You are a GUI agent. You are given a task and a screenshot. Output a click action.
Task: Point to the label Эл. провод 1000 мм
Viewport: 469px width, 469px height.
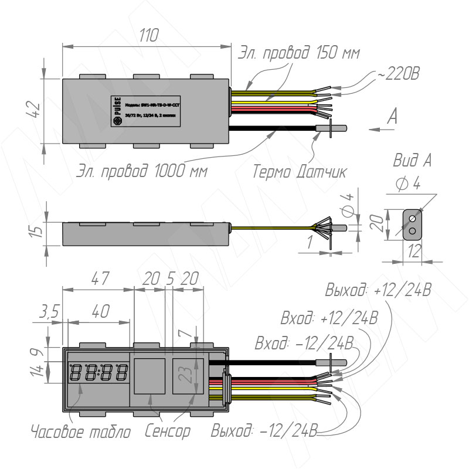tap(144, 172)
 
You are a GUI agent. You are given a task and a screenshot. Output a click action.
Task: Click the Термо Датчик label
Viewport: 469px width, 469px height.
tap(300, 172)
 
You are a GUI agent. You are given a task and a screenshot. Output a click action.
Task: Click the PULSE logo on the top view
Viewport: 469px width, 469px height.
tap(116, 109)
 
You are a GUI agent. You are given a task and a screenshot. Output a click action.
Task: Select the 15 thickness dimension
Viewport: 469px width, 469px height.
tap(37, 230)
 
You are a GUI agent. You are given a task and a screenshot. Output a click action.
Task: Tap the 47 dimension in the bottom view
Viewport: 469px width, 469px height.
tap(100, 280)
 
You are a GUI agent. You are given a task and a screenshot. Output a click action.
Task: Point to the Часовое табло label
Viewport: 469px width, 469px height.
tap(80, 433)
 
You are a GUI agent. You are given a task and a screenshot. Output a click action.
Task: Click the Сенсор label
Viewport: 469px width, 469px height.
tap(168, 433)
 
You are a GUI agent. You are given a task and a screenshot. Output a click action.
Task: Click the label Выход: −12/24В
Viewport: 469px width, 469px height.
tap(264, 433)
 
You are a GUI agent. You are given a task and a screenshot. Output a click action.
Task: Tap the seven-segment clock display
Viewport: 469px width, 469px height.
tap(98, 373)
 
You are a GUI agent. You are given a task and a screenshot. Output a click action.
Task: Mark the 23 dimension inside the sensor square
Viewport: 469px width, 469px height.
tap(186, 375)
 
